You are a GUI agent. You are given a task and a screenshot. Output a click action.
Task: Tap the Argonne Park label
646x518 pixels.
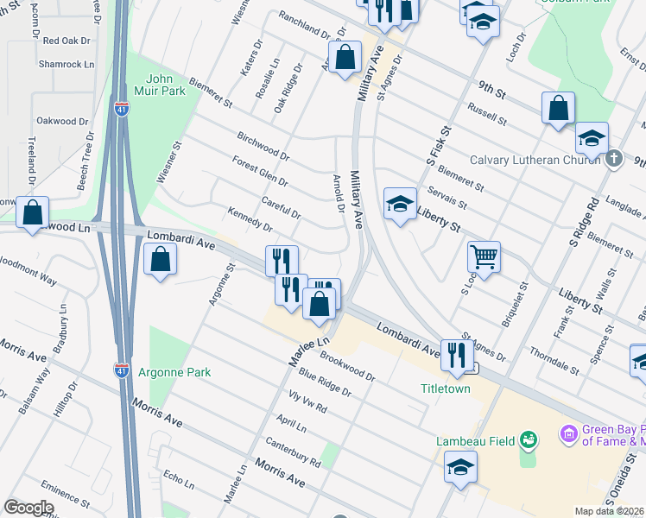tap(171, 372)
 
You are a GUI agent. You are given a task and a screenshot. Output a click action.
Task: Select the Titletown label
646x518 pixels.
tap(446, 389)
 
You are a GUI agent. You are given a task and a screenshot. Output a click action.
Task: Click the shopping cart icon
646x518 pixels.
tap(484, 256)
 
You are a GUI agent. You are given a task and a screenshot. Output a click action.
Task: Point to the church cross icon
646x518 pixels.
tap(613, 158)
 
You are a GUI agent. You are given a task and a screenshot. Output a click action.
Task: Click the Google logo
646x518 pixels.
tap(28, 507)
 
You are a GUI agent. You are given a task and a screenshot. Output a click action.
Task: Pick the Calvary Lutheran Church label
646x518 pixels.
tap(534, 160)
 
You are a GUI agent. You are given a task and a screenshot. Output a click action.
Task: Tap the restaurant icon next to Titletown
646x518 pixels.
tap(454, 353)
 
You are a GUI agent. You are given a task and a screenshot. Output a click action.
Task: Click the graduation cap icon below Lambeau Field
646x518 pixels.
tap(460, 468)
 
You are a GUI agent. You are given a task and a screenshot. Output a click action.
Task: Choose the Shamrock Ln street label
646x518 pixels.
tap(66, 64)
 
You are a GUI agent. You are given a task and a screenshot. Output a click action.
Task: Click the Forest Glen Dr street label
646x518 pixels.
tap(259, 172)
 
